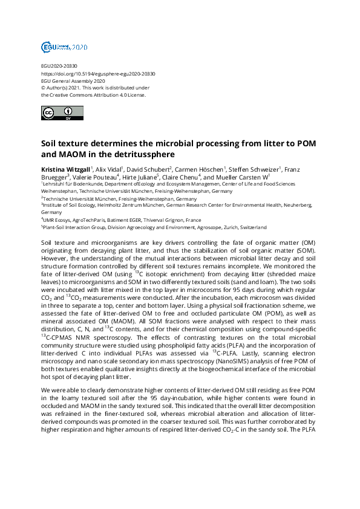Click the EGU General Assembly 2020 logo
click(64, 47)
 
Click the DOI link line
click(98, 74)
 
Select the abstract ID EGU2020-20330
click(59, 66)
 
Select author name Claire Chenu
click(180, 177)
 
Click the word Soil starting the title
click(50, 145)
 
